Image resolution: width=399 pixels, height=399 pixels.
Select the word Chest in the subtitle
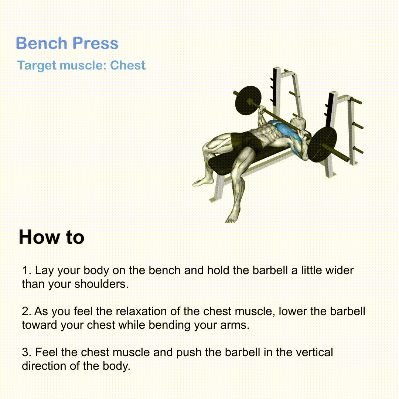click(x=128, y=65)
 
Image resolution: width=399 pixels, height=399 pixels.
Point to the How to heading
click(x=51, y=237)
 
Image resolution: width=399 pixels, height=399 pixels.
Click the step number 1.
click(x=25, y=270)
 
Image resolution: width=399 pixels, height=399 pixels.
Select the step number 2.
click(x=25, y=311)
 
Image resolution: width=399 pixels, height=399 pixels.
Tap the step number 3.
click(x=25, y=352)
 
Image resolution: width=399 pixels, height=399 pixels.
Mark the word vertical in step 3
click(x=313, y=352)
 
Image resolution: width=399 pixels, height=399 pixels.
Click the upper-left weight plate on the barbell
click(x=247, y=100)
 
